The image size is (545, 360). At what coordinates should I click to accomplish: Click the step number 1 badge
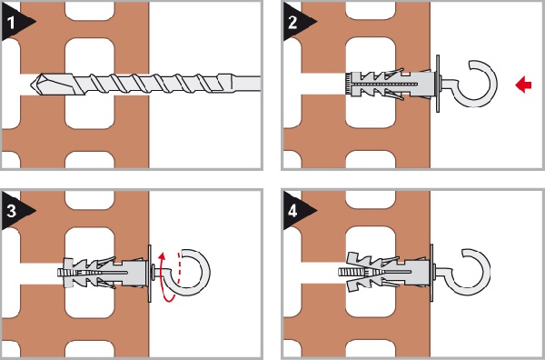coord(14,22)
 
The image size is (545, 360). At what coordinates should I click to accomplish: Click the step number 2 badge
coord(294,22)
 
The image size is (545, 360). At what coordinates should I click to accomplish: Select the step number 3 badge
coord(14,211)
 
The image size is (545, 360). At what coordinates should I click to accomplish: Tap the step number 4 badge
coord(294,211)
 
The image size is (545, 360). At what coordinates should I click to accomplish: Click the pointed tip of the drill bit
coord(32,84)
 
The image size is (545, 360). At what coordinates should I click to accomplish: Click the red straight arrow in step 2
coord(523,85)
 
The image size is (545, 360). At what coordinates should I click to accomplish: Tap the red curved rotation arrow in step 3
coord(163,278)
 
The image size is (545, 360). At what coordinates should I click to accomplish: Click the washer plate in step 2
coord(438,84)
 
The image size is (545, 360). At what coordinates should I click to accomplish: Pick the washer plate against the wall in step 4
coord(432,273)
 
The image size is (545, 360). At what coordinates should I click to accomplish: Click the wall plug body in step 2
coord(391,84)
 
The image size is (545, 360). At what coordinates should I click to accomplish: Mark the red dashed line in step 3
coord(180,267)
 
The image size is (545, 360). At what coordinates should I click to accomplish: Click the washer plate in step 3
coord(150,273)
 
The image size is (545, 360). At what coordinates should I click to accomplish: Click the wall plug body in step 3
coord(104,273)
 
